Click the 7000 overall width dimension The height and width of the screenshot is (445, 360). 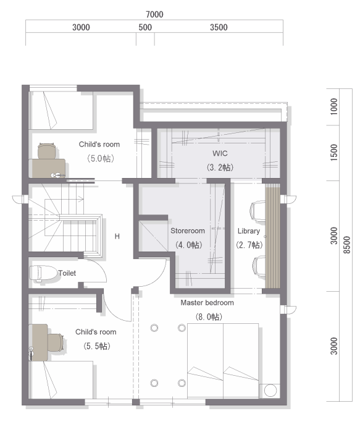click(154, 14)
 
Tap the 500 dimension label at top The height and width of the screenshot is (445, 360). click(145, 27)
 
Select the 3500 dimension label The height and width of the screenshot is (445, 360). click(219, 27)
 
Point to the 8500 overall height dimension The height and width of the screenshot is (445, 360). click(346, 245)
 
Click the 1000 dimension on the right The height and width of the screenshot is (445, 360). click(334, 107)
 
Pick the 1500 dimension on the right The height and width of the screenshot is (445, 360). click(334, 153)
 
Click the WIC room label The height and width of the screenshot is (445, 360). click(220, 153)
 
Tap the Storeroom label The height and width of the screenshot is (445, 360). click(188, 231)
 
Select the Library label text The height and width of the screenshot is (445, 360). click(249, 231)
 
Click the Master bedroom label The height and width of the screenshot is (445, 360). click(207, 303)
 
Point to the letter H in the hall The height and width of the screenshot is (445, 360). click(117, 236)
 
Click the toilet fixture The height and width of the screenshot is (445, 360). click(43, 273)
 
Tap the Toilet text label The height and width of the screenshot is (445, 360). click(67, 273)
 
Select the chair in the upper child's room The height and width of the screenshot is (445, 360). click(47, 151)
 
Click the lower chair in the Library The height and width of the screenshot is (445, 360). click(259, 266)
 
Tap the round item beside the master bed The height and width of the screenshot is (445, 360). click(270, 391)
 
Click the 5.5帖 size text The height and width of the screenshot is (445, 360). click(97, 346)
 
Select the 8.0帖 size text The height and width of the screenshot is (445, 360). click(209, 316)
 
